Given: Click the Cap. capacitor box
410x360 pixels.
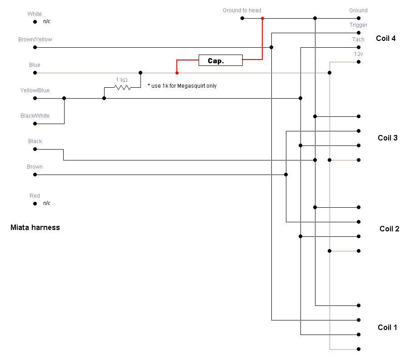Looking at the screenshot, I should pos(220,60).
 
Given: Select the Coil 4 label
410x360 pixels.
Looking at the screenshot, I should pos(385,38).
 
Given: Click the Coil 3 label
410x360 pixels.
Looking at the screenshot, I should pos(387,138).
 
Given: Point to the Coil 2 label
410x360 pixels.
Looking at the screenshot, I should pos(389,229).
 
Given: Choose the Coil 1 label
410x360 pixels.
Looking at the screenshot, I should pos(387,327).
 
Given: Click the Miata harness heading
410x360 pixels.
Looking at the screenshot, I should pos(35,227).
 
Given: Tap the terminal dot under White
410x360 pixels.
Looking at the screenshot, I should pos(35,22).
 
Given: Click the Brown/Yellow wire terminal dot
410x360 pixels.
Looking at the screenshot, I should pos(35,47).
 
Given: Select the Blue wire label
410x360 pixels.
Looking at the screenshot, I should pos(35,65).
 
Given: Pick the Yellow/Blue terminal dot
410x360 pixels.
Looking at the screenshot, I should pos(35,98).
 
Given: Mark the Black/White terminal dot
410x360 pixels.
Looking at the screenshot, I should pos(35,124).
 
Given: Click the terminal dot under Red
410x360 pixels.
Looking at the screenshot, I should pos(35,204).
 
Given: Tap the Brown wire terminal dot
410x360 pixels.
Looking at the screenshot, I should pos(35,175).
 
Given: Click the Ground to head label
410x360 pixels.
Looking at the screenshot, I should pos(242,10).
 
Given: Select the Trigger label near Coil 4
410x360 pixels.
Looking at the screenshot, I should pos(358,25).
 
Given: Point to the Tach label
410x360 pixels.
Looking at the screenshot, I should pos(358,40).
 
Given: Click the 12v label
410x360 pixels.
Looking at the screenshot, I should pos(358,54).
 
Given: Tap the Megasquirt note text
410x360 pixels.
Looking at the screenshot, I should pos(182,85).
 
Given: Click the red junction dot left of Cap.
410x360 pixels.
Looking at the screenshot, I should pos(177,73).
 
